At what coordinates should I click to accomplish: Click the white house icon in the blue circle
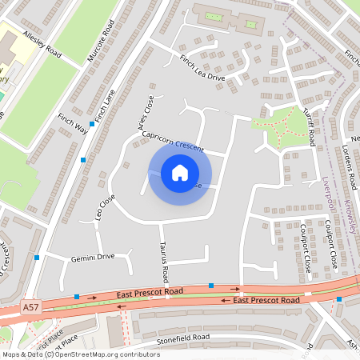(x=180, y=173)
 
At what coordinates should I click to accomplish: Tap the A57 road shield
(x=30, y=306)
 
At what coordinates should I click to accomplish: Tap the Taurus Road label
(x=164, y=262)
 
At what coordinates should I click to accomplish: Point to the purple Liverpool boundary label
(x=326, y=198)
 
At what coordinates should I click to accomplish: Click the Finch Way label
(x=71, y=122)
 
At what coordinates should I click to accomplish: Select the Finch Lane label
(x=104, y=106)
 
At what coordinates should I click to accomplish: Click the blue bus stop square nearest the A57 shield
(x=76, y=297)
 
